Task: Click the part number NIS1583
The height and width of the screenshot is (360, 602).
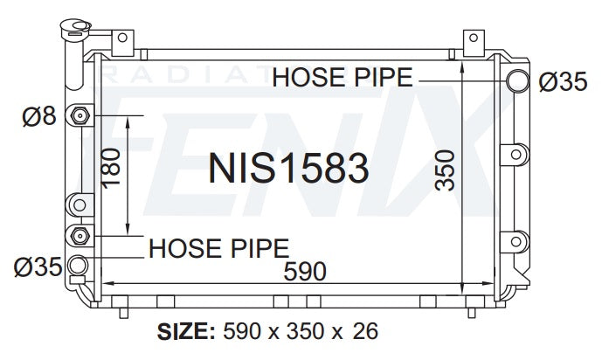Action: click(288, 168)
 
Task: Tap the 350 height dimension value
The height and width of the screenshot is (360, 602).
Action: click(446, 170)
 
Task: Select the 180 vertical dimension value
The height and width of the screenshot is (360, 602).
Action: click(111, 168)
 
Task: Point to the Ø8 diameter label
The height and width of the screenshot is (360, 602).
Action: click(39, 116)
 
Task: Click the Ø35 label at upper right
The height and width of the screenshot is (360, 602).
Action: click(563, 82)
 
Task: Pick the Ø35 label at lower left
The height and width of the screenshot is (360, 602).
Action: click(38, 267)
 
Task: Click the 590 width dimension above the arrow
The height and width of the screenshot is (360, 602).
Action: click(305, 272)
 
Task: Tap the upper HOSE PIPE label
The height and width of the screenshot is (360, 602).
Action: click(343, 77)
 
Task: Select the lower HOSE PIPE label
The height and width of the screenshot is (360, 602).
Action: click(218, 248)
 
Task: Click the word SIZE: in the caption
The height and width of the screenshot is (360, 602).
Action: click(186, 331)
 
